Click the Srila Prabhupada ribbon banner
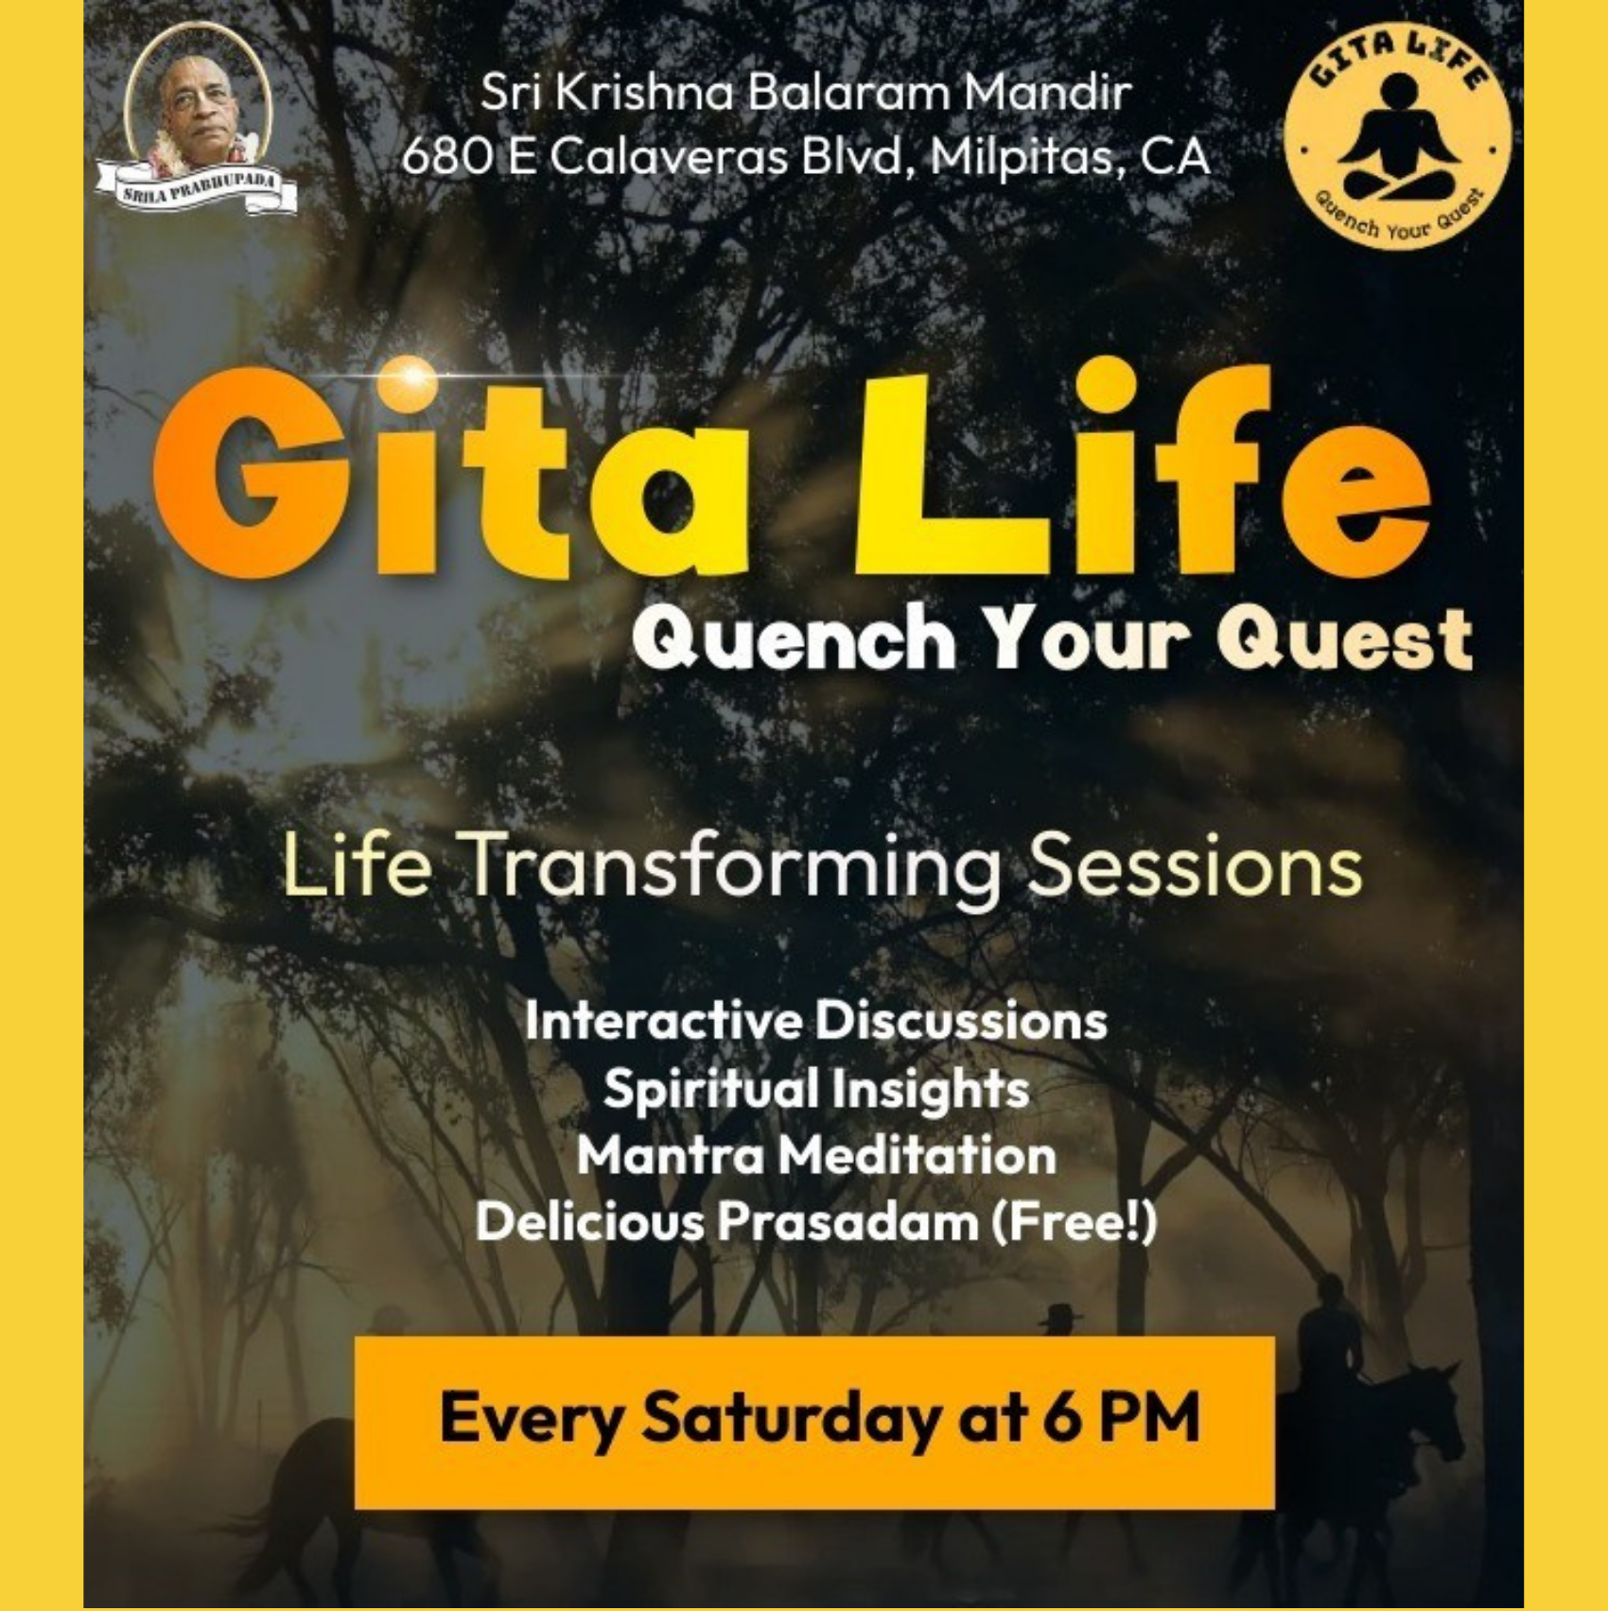(x=197, y=190)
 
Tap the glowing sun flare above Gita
(x=412, y=376)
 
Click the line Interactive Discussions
(x=816, y=1021)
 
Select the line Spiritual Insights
(x=816, y=1088)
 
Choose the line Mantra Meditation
(x=816, y=1155)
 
